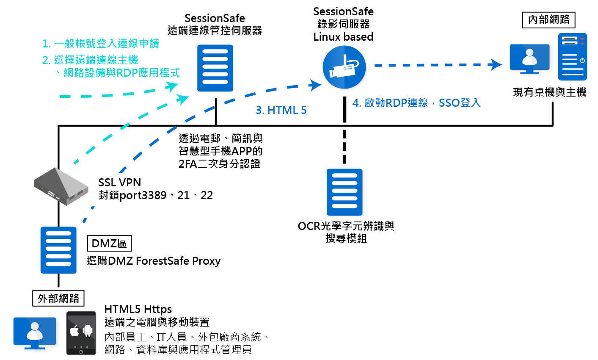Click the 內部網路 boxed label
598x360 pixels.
coord(549,19)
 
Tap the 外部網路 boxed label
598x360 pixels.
coord(58,298)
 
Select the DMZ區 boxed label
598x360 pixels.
coord(109,244)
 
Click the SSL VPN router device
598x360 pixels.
coord(61,187)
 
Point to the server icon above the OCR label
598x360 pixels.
coord(344,192)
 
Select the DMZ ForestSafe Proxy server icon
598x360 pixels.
coord(58,250)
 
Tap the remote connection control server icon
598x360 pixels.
coord(215,68)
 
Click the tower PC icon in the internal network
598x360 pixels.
coord(572,57)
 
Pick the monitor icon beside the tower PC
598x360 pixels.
coord(529,59)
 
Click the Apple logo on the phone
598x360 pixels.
coord(74,331)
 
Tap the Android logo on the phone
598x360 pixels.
coord(88,330)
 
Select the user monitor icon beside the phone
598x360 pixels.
coord(35,333)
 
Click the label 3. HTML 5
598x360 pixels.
coord(281,111)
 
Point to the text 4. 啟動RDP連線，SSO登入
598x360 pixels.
coord(416,103)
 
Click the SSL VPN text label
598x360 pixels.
coord(119,183)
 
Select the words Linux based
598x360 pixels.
coord(343,37)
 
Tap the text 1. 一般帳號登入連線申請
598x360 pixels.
coord(101,44)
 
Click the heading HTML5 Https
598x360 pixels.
coord(138,309)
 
